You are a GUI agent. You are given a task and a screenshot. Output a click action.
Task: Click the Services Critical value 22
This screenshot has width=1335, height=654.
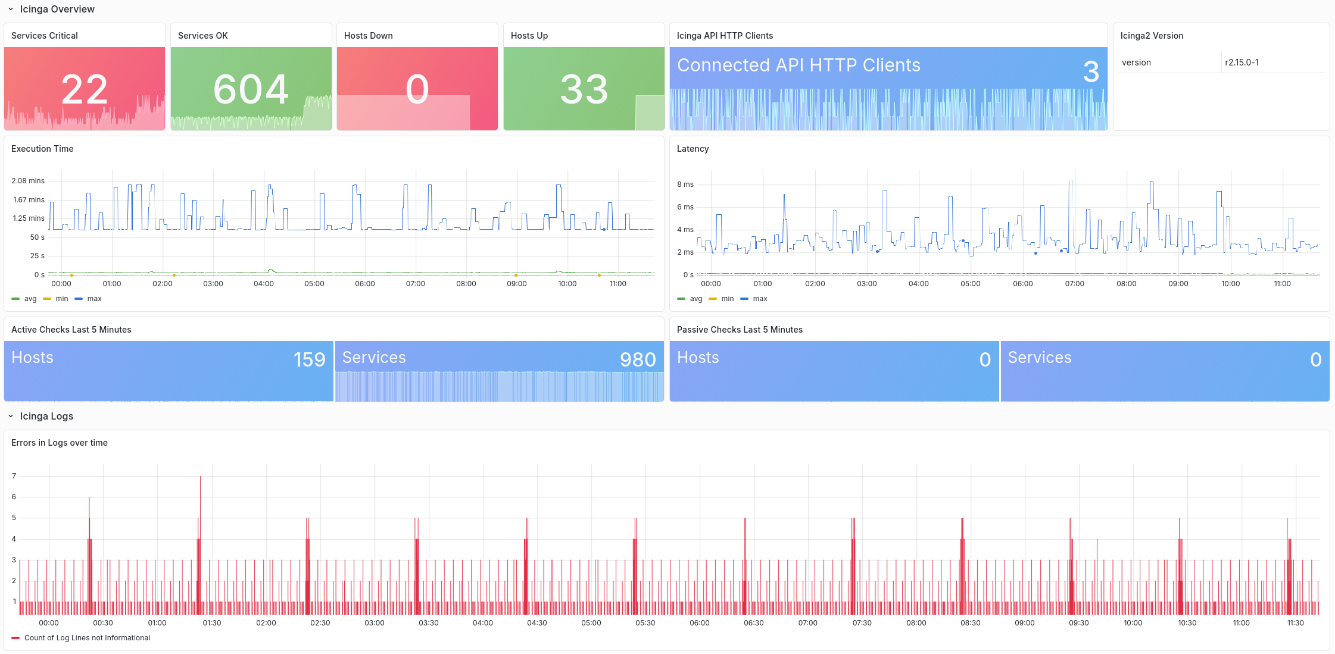point(85,90)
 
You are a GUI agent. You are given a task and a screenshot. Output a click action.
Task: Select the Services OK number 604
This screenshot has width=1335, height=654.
point(251,90)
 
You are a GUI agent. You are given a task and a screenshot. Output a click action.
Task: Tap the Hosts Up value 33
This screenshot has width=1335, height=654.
point(584,90)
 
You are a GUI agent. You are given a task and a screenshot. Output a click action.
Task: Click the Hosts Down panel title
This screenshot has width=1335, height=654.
point(368,36)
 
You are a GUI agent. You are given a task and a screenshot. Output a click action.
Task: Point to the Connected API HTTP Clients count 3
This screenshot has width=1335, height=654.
point(1090,72)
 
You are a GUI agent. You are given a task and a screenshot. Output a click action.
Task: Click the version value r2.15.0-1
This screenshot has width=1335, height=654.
point(1242,62)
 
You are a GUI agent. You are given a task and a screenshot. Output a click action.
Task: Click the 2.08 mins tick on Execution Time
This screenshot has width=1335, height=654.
point(28,181)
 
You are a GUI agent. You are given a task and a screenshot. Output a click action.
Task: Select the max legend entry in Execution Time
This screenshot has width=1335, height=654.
point(93,299)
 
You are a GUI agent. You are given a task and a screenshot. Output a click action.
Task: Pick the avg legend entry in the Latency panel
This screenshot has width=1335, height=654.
point(695,299)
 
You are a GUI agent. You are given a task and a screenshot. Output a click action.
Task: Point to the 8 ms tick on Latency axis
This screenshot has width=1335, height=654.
point(685,184)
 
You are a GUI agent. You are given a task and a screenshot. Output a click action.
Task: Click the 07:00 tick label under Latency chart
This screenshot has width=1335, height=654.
point(1074,284)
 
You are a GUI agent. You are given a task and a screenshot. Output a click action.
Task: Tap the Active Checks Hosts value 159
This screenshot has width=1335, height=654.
point(309,359)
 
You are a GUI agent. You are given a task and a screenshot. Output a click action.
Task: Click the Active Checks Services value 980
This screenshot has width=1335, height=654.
point(638,359)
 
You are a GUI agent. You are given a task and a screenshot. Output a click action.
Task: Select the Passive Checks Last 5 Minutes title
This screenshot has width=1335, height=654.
point(739,330)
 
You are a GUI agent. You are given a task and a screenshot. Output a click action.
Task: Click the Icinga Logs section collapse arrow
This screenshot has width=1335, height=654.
point(11,417)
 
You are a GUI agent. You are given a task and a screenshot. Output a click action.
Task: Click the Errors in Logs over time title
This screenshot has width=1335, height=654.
point(60,443)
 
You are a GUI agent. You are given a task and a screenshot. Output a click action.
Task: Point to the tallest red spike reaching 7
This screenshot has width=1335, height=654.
point(200,478)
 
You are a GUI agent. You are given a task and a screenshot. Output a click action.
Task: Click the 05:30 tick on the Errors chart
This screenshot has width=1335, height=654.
point(645,623)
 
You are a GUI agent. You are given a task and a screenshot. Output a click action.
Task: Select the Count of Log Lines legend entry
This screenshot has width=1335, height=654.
point(87,638)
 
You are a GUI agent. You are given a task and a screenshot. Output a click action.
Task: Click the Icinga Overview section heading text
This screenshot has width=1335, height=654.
point(57,10)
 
